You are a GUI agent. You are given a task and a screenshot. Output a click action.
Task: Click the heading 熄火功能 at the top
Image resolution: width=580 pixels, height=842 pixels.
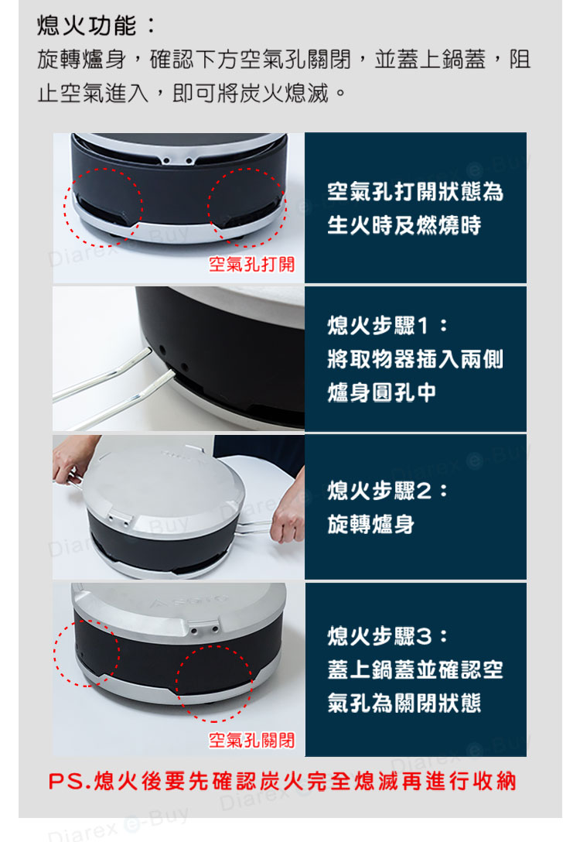(x=87, y=26)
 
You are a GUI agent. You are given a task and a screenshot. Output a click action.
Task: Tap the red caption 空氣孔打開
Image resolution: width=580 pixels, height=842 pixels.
(x=251, y=264)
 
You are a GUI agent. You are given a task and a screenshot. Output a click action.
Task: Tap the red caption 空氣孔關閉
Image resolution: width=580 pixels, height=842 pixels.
(x=251, y=740)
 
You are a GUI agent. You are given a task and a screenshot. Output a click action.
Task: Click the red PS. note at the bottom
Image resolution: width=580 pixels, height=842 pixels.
(x=283, y=782)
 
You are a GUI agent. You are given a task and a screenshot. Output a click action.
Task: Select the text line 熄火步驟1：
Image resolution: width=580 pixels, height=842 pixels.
(x=388, y=325)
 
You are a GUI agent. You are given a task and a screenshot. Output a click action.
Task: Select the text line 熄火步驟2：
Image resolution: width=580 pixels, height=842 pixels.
(x=388, y=491)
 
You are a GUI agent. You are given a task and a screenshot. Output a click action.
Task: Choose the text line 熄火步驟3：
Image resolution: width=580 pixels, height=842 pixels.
(x=388, y=636)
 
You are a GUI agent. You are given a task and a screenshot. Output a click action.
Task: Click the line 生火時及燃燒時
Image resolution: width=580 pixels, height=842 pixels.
(x=404, y=225)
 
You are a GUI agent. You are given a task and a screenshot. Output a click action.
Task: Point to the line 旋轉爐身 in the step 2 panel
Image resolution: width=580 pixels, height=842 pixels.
(x=370, y=524)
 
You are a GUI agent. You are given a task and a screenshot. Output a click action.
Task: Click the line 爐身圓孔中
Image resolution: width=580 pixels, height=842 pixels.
(x=381, y=392)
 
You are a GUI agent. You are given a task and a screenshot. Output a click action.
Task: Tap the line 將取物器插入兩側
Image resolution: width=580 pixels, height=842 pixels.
(x=415, y=359)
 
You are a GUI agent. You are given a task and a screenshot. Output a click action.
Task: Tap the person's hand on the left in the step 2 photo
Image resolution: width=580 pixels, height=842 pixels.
(x=72, y=459)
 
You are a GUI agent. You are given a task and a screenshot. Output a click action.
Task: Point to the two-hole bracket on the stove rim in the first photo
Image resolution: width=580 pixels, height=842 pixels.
(x=178, y=159)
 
